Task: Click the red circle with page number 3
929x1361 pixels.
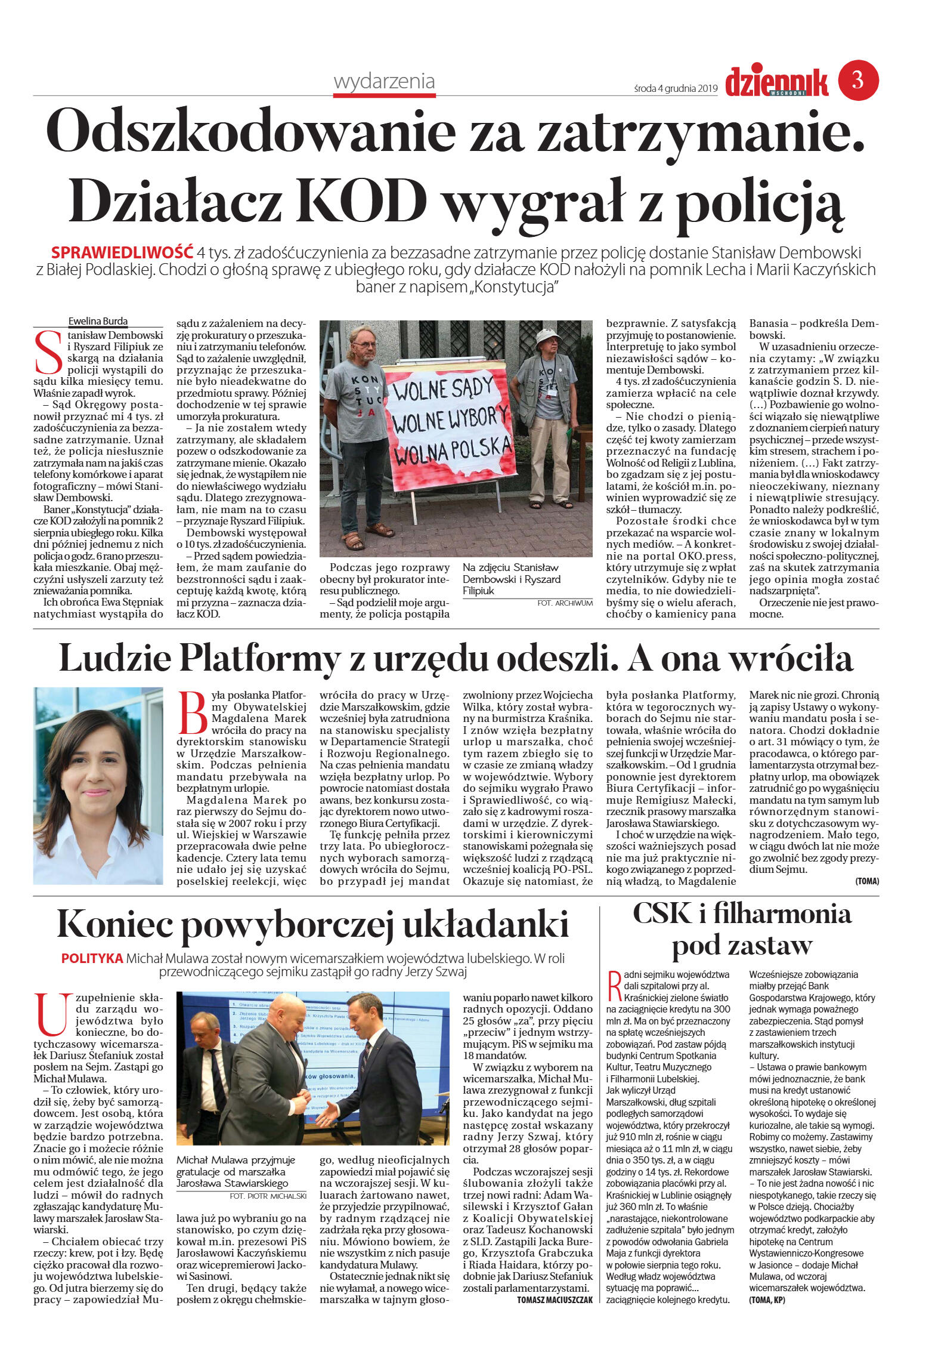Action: tap(858, 80)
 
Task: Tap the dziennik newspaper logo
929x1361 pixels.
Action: tap(776, 82)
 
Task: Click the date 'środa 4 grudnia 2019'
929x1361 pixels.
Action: tap(676, 89)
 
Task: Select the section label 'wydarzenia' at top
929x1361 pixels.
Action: tap(384, 81)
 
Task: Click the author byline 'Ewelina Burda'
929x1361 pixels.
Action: tap(98, 321)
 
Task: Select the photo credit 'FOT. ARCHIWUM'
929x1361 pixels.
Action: tap(565, 603)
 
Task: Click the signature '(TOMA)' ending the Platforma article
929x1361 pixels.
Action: tap(866, 881)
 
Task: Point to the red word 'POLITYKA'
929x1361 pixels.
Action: tap(92, 958)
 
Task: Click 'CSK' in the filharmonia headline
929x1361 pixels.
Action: tap(662, 913)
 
